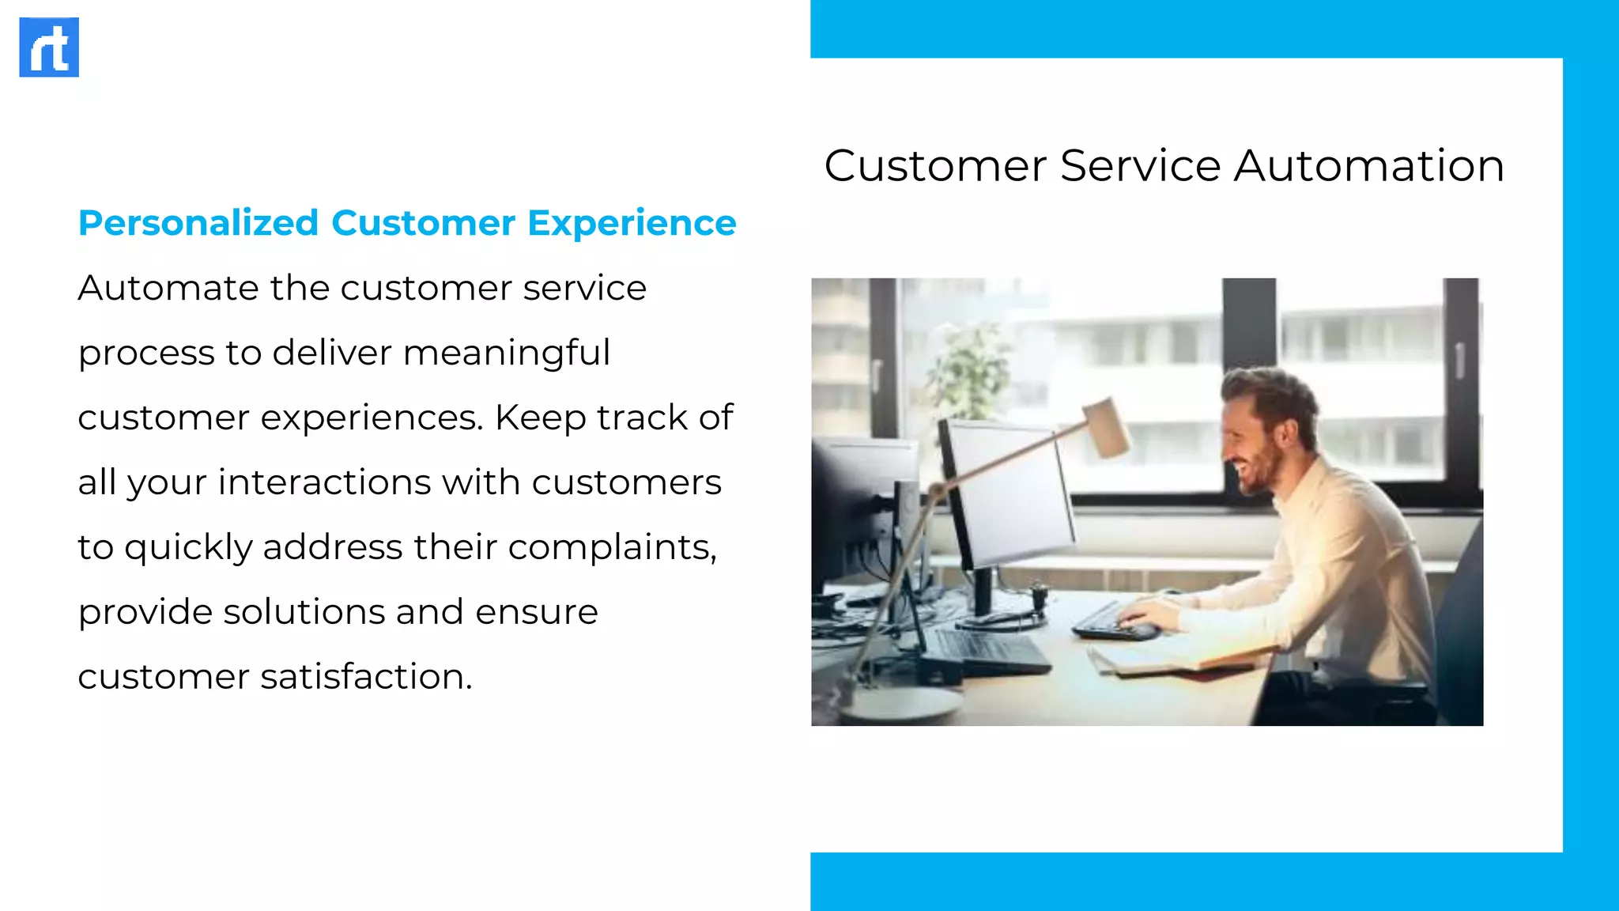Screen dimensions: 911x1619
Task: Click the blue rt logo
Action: (x=49, y=47)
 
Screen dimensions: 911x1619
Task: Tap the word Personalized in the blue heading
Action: (x=198, y=223)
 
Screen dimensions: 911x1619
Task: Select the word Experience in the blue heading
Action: (x=632, y=223)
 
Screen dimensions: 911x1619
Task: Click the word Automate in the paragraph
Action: (x=168, y=288)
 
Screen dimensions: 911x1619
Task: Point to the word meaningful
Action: (x=507, y=353)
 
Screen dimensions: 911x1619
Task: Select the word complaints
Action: (x=611, y=547)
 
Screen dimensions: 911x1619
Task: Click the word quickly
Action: (x=188, y=547)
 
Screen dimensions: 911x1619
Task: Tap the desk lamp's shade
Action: (x=1107, y=427)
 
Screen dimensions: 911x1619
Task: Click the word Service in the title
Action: (x=1140, y=166)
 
